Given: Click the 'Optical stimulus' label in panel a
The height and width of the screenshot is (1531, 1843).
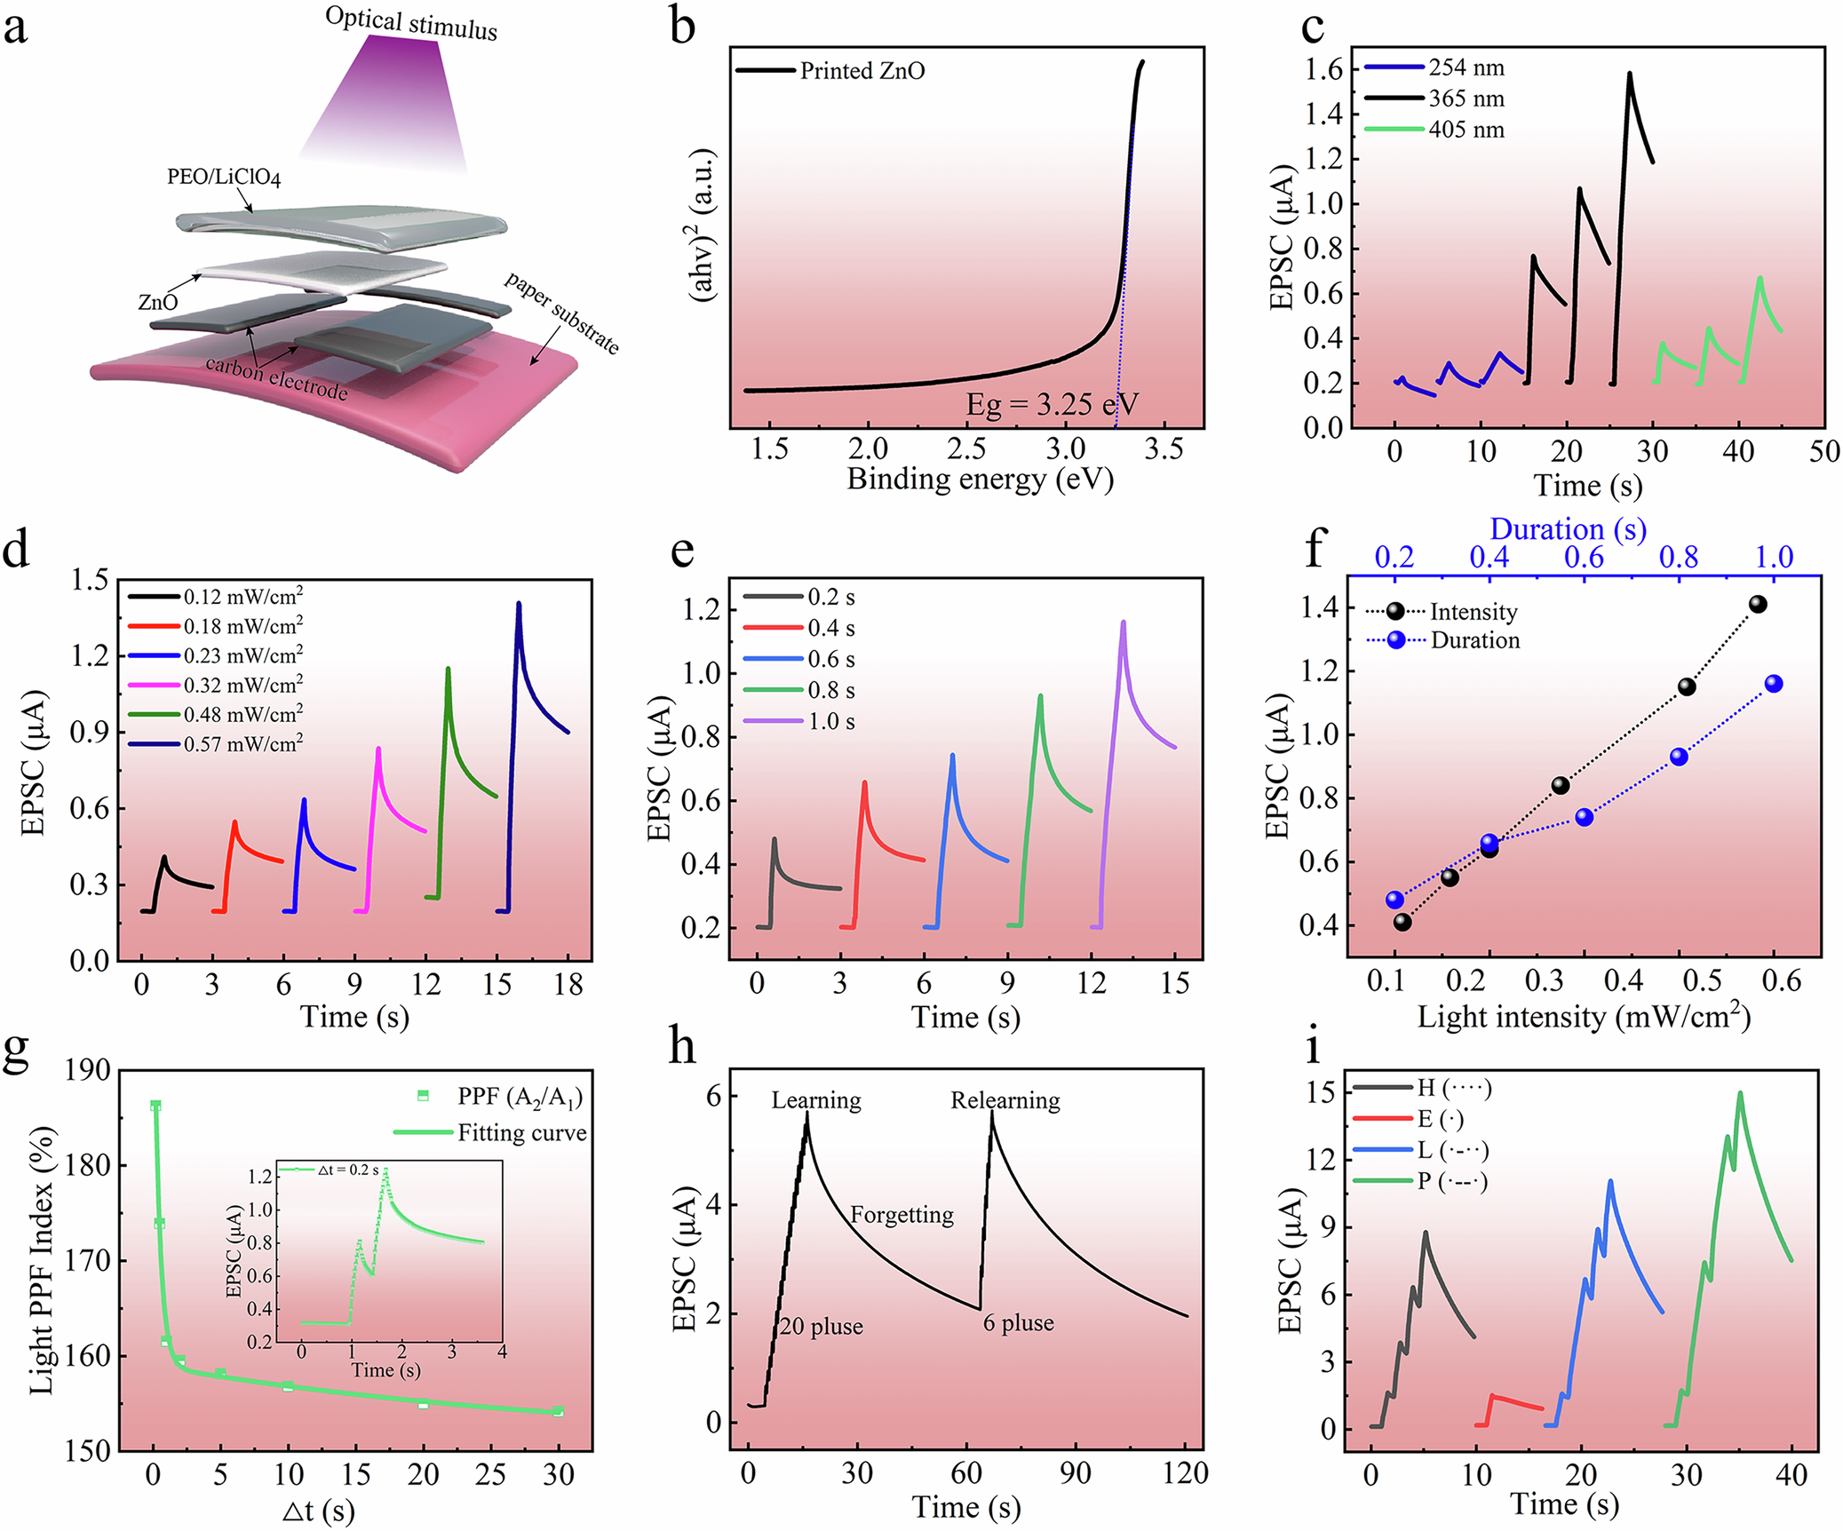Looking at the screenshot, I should click(x=410, y=23).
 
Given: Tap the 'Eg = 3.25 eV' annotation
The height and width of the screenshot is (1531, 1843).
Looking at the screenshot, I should click(x=1052, y=405).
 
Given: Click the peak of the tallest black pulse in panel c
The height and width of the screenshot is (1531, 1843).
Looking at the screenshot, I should click(x=1630, y=74).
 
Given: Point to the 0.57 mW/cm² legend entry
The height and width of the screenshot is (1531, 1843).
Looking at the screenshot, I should click(x=242, y=744).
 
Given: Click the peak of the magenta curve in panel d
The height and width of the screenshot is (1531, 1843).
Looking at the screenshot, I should click(x=379, y=749).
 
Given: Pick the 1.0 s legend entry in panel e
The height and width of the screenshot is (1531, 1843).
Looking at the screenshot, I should click(x=830, y=722).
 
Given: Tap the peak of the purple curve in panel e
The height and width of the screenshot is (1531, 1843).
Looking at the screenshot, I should click(x=1124, y=623).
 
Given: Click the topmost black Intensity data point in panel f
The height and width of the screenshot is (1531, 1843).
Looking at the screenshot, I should click(x=1757, y=605).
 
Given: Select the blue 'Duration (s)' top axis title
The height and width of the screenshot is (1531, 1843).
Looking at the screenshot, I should click(x=1568, y=529).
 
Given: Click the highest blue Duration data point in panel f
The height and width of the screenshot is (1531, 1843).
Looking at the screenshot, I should click(x=1774, y=684).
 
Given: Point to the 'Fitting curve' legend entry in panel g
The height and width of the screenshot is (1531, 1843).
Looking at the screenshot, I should click(x=521, y=1133).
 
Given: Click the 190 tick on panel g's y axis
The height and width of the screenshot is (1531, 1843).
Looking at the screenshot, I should click(x=88, y=1070).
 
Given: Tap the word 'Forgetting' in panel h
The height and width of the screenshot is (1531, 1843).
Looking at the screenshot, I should click(x=902, y=1215).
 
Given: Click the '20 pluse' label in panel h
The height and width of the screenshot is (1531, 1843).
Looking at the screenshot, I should click(x=821, y=1327).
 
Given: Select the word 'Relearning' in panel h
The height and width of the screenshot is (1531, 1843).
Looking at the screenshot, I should click(x=1005, y=1101).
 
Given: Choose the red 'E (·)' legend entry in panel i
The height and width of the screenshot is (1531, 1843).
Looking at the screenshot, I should click(x=1440, y=1120).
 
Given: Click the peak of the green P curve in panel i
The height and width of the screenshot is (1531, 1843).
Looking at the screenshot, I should click(x=1739, y=1093).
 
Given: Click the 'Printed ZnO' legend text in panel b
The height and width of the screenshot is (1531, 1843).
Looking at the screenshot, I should click(x=862, y=71).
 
